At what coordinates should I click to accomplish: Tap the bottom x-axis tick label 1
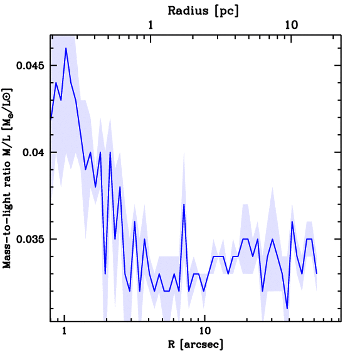[x=64, y=332]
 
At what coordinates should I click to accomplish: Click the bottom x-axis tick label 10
[x=205, y=332]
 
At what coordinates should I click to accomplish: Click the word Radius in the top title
[x=188, y=11]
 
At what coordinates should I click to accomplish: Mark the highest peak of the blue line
[x=66, y=48]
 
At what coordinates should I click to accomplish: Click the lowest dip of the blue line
[x=287, y=308]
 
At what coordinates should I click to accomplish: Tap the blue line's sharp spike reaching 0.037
[x=184, y=204]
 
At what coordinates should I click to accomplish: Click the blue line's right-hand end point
[x=317, y=273]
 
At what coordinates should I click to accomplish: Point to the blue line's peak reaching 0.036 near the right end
[x=292, y=221]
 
